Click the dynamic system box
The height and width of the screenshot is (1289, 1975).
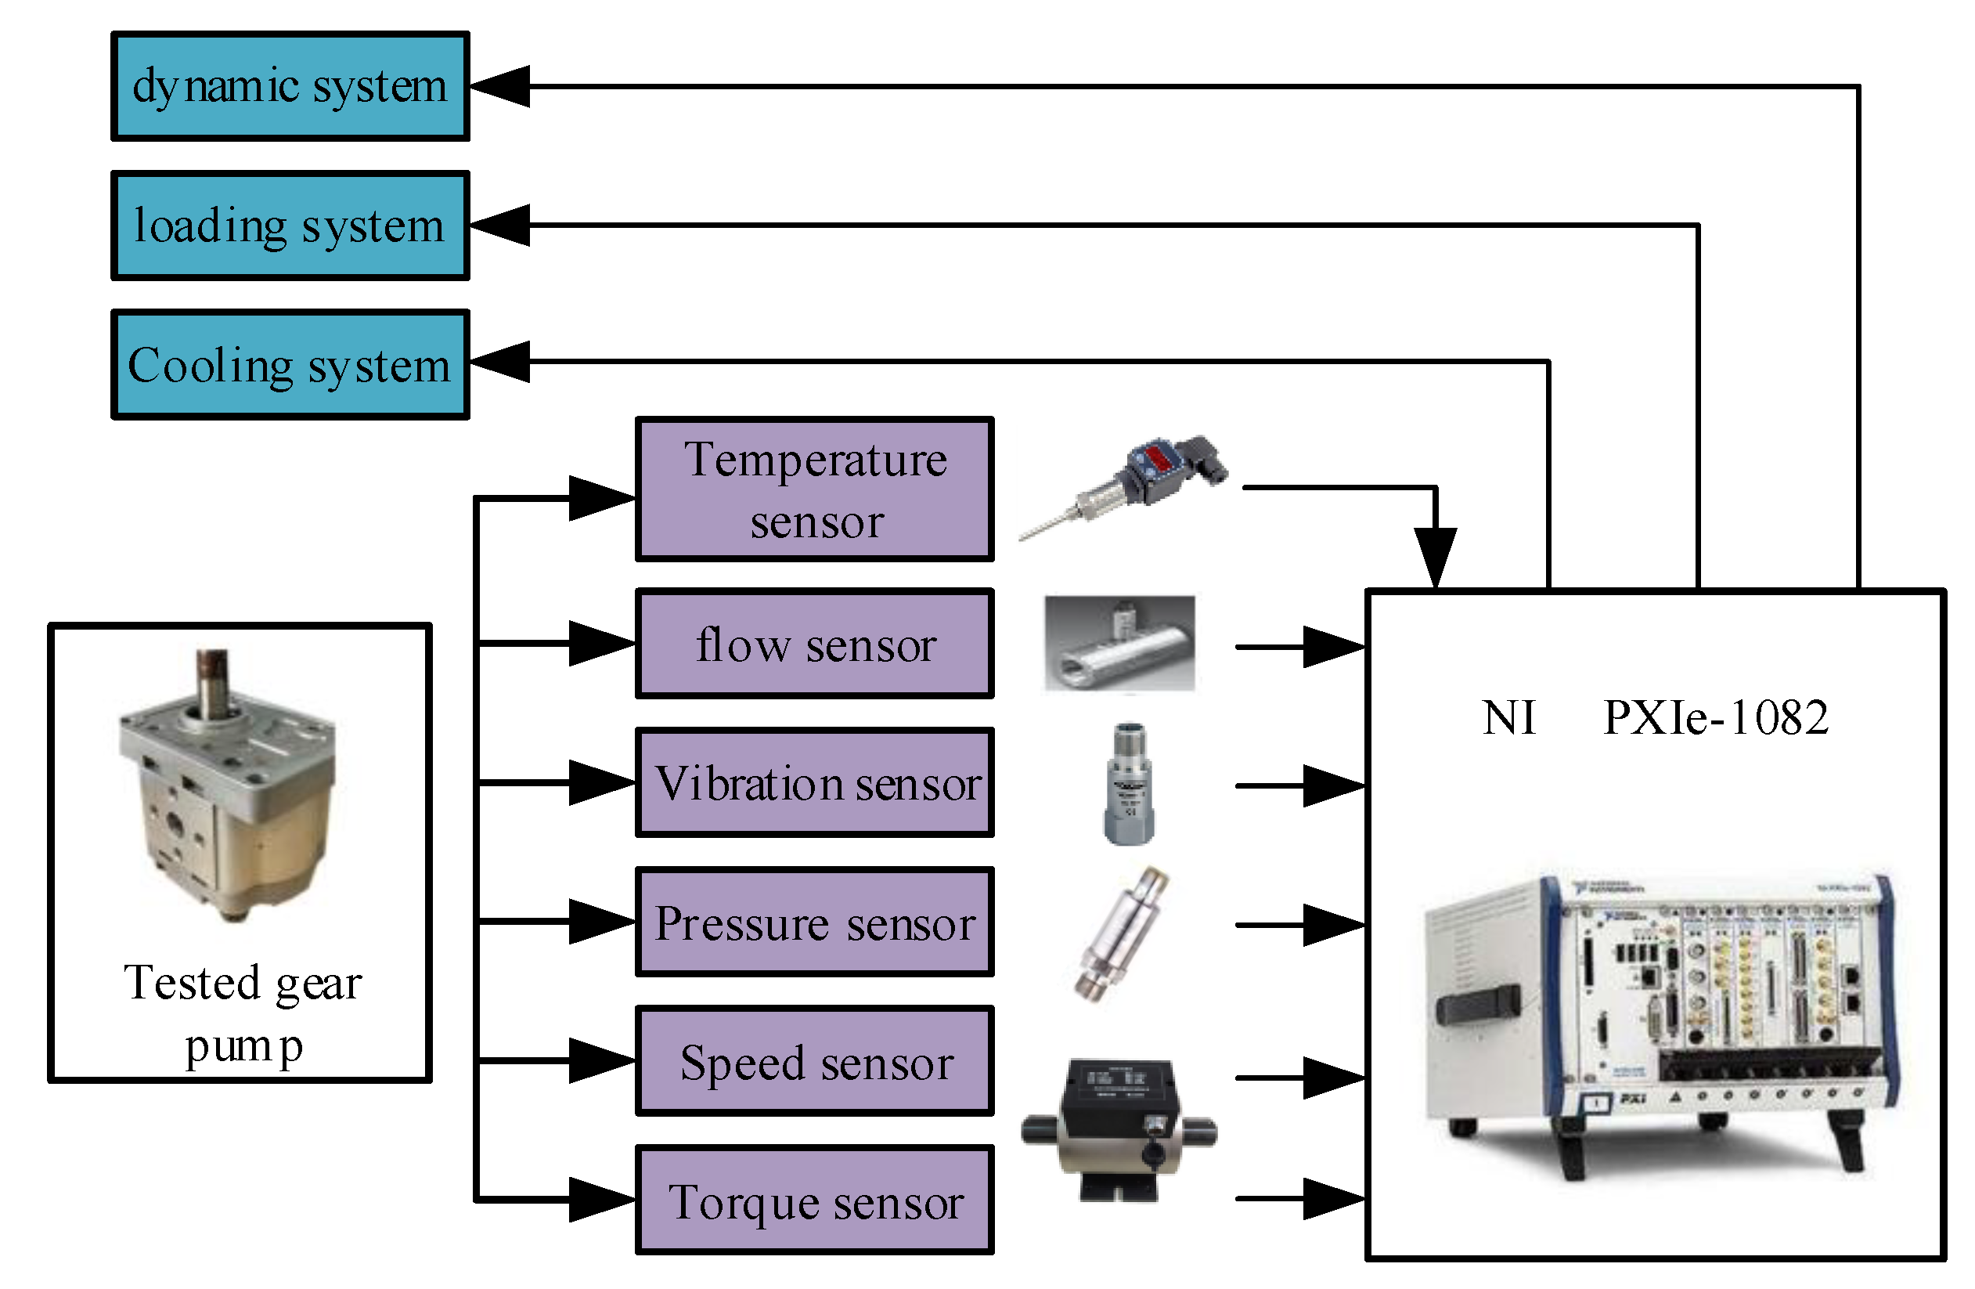[x=290, y=86]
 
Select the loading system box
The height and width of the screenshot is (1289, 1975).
[x=290, y=226]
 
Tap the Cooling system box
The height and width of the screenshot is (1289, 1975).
[x=290, y=365]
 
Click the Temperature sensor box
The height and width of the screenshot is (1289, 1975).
[x=815, y=489]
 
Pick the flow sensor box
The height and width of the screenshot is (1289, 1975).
[x=815, y=644]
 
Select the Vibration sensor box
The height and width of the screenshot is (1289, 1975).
[x=815, y=782]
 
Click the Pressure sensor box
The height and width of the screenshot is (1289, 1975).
[x=815, y=923]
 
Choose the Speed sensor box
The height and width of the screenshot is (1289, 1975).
[x=815, y=1062]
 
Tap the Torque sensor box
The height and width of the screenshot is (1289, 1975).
[x=815, y=1201]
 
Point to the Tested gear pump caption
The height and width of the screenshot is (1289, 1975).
[x=243, y=1013]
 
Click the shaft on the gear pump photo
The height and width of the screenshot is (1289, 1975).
[x=212, y=677]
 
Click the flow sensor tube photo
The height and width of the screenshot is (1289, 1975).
[x=1119, y=644]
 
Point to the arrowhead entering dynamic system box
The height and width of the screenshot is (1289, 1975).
[x=500, y=86]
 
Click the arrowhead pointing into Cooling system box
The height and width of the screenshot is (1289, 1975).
[x=500, y=362]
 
